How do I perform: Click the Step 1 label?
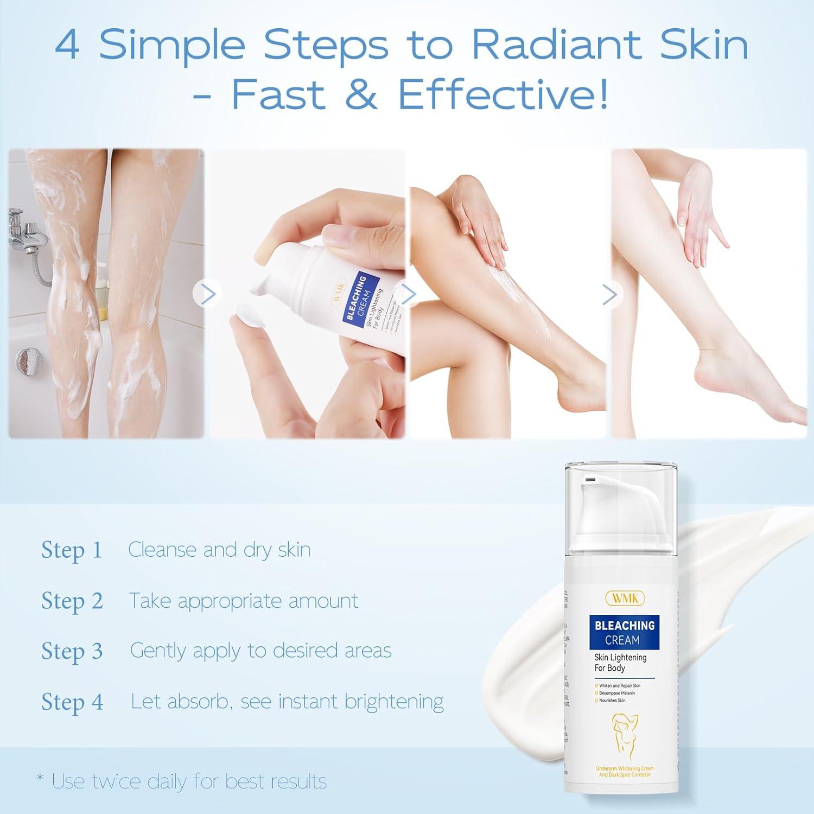pos(72,550)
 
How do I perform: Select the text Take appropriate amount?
pos(244,601)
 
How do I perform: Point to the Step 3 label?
pos(72,651)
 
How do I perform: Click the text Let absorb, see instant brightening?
pos(287,702)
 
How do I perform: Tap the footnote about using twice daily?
pos(182,781)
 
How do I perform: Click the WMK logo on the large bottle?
pos(625,597)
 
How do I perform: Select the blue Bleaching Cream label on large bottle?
pos(624,633)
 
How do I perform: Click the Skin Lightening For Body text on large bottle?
pos(620,663)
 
